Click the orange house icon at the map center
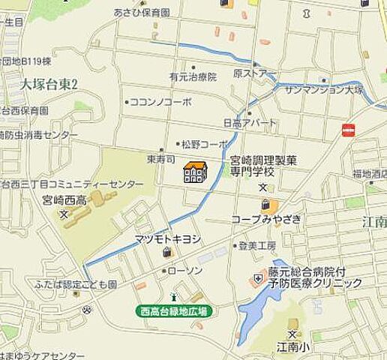click(x=195, y=172)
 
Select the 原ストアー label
click(x=250, y=73)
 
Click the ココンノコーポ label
click(x=160, y=101)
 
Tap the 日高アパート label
click(x=250, y=122)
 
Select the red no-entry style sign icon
click(x=347, y=130)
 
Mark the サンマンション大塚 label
click(x=323, y=90)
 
